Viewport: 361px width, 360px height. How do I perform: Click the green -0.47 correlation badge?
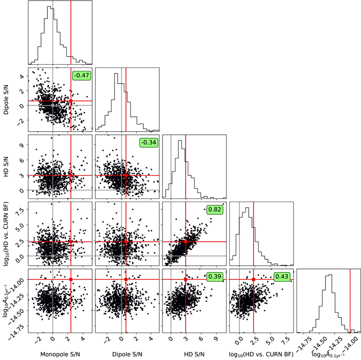(81, 76)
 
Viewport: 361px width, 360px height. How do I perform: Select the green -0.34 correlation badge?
(148, 142)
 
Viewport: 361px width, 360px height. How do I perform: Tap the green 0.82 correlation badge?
(215, 209)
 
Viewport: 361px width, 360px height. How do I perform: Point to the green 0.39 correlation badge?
(215, 277)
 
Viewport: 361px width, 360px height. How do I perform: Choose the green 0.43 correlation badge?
(282, 277)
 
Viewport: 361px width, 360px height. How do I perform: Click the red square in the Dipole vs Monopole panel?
(71, 101)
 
